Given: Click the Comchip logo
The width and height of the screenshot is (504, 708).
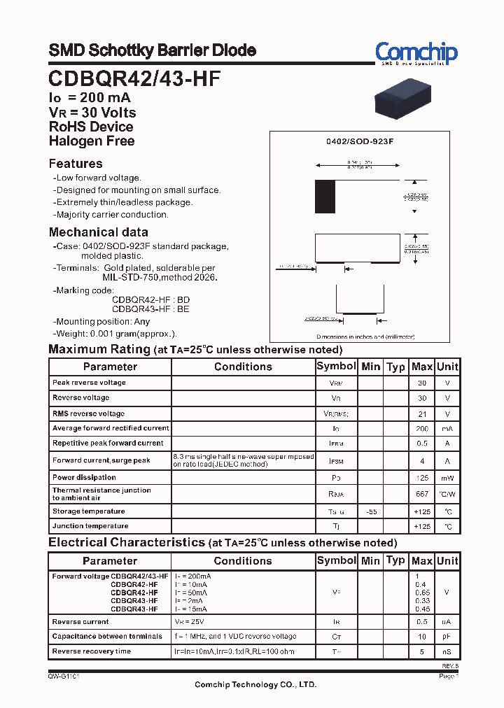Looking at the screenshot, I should click(x=416, y=53).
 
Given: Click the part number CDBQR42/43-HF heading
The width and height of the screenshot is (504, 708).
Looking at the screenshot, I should click(x=134, y=78).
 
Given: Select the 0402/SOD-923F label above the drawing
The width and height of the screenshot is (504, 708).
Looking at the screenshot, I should click(x=360, y=141).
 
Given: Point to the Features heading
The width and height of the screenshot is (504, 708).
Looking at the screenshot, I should click(x=76, y=164).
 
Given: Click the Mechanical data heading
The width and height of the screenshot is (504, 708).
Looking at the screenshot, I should click(x=98, y=232).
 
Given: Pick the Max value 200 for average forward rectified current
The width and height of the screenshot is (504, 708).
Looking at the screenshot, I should click(x=421, y=428).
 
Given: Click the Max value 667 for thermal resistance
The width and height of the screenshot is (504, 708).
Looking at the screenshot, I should click(x=421, y=494).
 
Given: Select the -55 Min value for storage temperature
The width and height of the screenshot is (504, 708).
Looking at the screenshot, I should click(x=371, y=511).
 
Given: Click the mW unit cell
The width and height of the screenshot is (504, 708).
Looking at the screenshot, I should click(x=447, y=478).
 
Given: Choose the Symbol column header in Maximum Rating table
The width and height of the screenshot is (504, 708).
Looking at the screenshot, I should click(x=336, y=367).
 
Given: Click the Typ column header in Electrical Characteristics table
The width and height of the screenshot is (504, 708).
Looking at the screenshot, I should click(x=395, y=560).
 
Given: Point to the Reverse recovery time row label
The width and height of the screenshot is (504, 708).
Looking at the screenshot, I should click(x=92, y=651).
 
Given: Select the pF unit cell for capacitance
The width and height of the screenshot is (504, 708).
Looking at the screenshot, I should click(x=447, y=637).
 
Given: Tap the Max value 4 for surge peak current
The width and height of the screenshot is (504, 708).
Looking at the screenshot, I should click(x=421, y=461).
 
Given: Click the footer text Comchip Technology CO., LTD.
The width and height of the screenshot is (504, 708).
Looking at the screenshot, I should click(x=251, y=684).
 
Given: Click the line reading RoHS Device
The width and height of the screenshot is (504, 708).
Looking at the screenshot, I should click(x=91, y=127).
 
